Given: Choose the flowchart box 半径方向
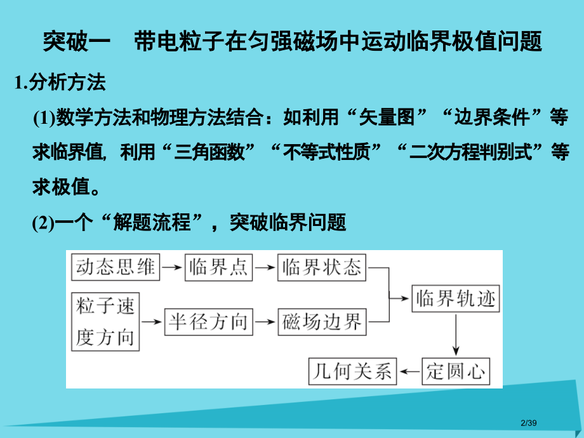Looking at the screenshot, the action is click(x=208, y=322).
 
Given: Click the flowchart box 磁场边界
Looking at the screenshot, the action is click(x=322, y=322).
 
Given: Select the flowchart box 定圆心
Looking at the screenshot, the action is click(x=456, y=370).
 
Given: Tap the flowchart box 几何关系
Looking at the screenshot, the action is click(x=352, y=370).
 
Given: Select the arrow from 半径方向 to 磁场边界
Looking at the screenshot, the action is click(x=266, y=322).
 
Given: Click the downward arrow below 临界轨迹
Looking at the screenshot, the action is click(x=455, y=333).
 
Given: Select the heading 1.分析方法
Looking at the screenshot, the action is click(x=60, y=83).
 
